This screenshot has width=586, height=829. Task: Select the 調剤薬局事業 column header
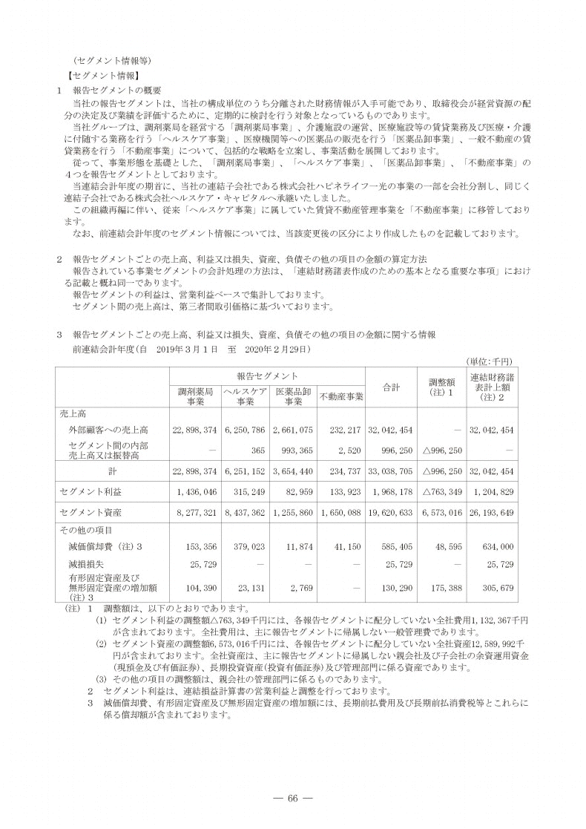pyautogui.click(x=196, y=396)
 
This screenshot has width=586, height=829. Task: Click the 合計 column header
pyautogui.click(x=391, y=387)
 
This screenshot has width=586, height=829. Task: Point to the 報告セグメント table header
pyautogui.click(x=268, y=377)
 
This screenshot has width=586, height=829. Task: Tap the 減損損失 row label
pyautogui.click(x=84, y=566)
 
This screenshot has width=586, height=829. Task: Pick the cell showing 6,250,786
pyautogui.click(x=243, y=430)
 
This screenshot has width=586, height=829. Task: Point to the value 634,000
pyautogui.click(x=498, y=547)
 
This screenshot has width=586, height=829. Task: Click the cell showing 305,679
pyautogui.click(x=498, y=587)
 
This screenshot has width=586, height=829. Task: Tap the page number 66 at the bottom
pyautogui.click(x=292, y=798)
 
